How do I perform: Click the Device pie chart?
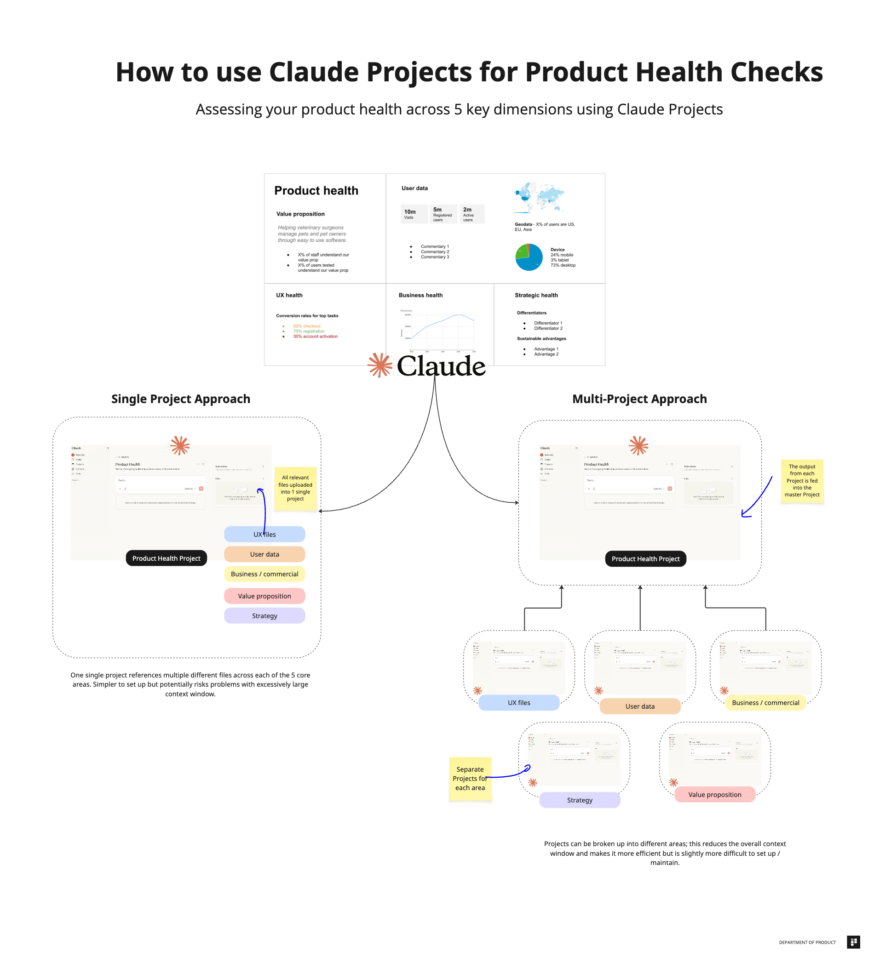(529, 257)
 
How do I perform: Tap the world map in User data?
(539, 197)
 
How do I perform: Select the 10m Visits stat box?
(414, 213)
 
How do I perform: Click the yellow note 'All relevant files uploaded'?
(295, 488)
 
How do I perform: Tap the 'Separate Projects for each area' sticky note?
(469, 778)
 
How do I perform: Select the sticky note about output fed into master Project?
(801, 480)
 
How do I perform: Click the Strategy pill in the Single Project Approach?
(264, 615)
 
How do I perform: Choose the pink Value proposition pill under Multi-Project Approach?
(714, 794)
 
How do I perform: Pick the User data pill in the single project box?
(264, 554)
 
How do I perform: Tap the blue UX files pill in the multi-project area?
(519, 702)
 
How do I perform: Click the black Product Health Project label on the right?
(645, 558)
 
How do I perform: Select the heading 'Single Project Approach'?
(181, 398)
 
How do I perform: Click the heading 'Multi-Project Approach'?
(639, 398)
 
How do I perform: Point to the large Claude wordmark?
(441, 366)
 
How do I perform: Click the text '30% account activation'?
(316, 336)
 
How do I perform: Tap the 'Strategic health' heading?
(536, 295)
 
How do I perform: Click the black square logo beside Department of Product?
(853, 942)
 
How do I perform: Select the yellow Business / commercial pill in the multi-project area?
(765, 702)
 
